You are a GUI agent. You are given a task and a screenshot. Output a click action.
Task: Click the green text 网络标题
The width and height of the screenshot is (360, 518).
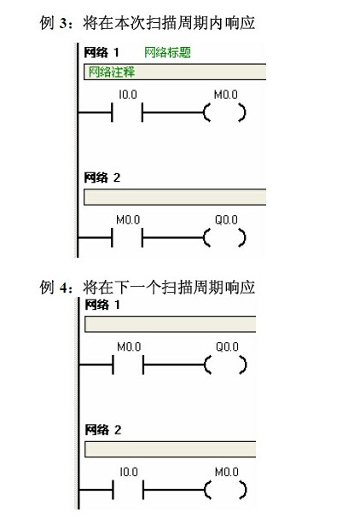pyautogui.click(x=167, y=53)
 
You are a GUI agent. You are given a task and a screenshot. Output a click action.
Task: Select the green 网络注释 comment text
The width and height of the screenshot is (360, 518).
pyautogui.click(x=112, y=72)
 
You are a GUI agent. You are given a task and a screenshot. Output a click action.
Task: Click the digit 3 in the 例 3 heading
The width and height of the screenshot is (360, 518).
pyautogui.click(x=63, y=23)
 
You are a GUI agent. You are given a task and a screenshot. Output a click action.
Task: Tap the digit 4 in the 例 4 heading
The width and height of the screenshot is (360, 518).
pyautogui.click(x=63, y=288)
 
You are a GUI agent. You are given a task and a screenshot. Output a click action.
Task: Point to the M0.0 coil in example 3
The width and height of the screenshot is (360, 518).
pyautogui.click(x=224, y=113)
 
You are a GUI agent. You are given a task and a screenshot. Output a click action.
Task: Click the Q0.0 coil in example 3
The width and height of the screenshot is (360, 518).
pyautogui.click(x=224, y=238)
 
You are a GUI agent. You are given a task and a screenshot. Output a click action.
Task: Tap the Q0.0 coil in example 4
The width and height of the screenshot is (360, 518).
pyautogui.click(x=225, y=364)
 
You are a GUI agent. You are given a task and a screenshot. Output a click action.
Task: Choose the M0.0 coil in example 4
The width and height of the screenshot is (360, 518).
pyautogui.click(x=225, y=490)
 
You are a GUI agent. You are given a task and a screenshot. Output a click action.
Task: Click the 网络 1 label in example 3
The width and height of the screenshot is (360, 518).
pyautogui.click(x=101, y=53)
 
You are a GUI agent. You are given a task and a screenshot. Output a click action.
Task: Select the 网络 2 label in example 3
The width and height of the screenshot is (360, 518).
pyautogui.click(x=102, y=178)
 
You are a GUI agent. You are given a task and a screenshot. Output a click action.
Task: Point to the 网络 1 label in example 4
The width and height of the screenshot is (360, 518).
pyautogui.click(x=102, y=305)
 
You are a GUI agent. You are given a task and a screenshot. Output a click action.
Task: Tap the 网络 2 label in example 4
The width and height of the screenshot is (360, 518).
pyautogui.click(x=102, y=430)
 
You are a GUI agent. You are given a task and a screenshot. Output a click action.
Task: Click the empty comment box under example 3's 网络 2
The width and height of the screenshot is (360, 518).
pyautogui.click(x=175, y=197)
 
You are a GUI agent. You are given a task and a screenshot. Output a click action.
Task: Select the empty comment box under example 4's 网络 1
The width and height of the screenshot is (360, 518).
pyautogui.click(x=171, y=324)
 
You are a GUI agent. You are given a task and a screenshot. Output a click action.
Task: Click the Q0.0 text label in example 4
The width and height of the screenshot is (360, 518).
pyautogui.click(x=227, y=346)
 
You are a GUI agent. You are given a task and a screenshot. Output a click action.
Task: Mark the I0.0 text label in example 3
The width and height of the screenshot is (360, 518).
pyautogui.click(x=128, y=95)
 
